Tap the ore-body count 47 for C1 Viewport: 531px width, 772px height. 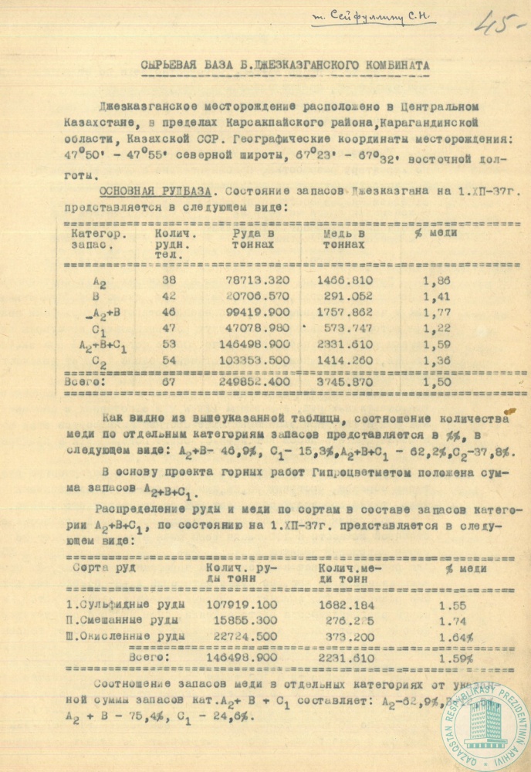[x=170, y=328]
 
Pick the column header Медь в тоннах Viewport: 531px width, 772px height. [x=345, y=238]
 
